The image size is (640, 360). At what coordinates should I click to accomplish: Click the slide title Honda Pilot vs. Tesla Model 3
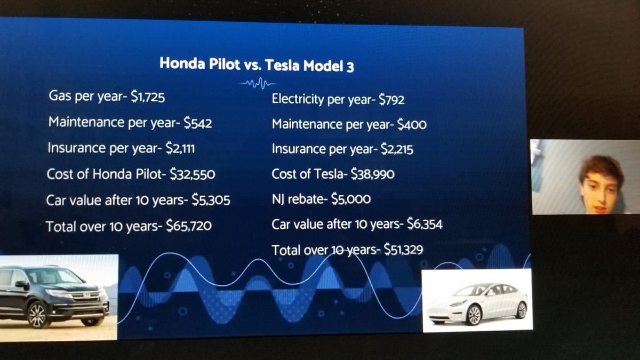257,65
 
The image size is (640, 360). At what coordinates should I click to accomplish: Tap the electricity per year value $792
393,99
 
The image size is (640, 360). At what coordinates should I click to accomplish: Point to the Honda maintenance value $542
198,123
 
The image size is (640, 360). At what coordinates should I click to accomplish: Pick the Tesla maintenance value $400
412,125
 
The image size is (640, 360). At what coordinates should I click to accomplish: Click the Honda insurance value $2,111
179,148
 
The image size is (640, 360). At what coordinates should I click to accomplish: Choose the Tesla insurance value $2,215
397,149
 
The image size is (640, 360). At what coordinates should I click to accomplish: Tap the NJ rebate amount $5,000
351,199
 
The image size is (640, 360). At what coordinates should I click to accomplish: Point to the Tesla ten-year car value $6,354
425,225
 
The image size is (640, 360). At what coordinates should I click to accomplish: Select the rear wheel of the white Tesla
521,310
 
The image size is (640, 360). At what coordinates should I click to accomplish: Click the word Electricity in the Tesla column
298,99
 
